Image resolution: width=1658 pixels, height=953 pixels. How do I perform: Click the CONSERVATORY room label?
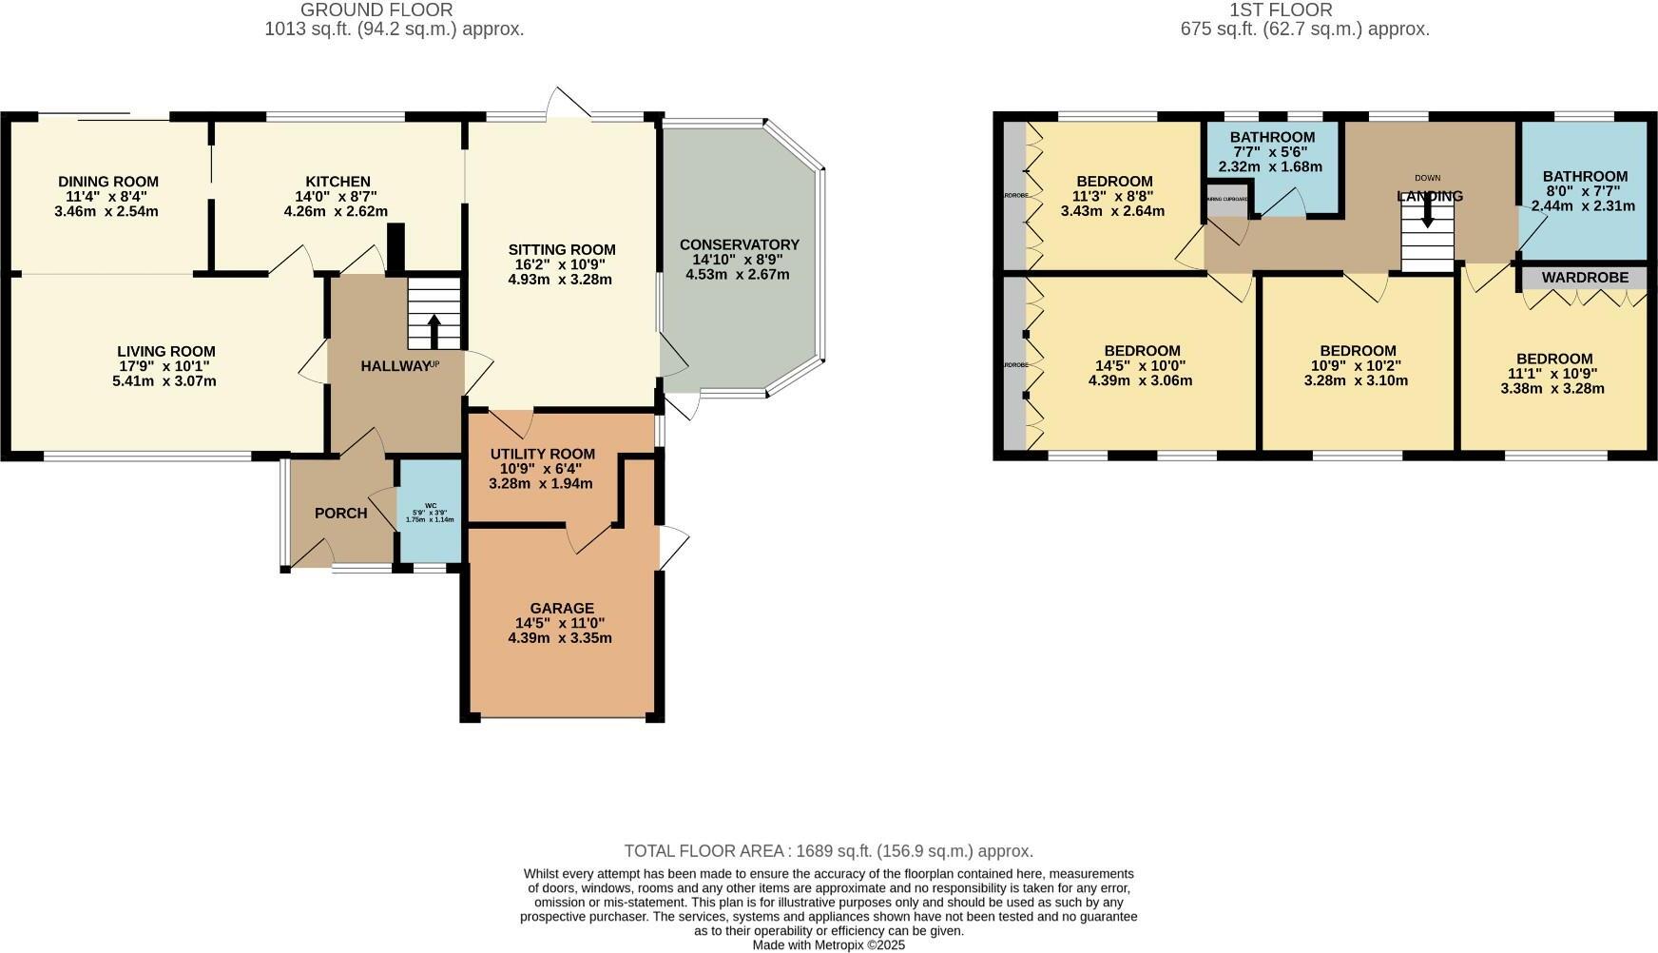(x=739, y=244)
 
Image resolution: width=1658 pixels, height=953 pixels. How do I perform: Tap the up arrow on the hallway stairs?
(x=434, y=331)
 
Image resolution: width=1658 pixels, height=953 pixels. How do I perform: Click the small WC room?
(x=430, y=512)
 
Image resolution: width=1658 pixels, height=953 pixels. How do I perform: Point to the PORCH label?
(x=340, y=514)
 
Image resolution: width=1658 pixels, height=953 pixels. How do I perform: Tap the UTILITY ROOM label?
(x=542, y=454)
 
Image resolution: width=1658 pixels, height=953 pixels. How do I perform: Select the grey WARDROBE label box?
(x=1585, y=278)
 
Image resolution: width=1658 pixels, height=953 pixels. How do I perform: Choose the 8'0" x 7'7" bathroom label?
(x=1584, y=190)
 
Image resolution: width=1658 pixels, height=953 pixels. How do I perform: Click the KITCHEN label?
(x=337, y=182)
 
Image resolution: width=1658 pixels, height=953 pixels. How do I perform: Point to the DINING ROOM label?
(x=108, y=182)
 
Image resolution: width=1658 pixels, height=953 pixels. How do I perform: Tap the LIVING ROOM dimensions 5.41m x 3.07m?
(x=164, y=381)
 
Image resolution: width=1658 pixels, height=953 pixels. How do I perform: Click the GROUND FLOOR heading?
(x=376, y=10)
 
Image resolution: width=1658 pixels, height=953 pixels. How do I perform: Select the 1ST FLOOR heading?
(x=1281, y=10)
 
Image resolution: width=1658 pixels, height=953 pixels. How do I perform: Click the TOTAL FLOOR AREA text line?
(x=828, y=851)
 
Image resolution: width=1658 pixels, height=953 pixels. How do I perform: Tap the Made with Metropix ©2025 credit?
(x=828, y=945)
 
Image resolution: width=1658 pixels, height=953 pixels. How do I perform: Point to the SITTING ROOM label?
(x=560, y=250)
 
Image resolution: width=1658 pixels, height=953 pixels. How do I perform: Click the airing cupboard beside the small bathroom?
(x=1227, y=202)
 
